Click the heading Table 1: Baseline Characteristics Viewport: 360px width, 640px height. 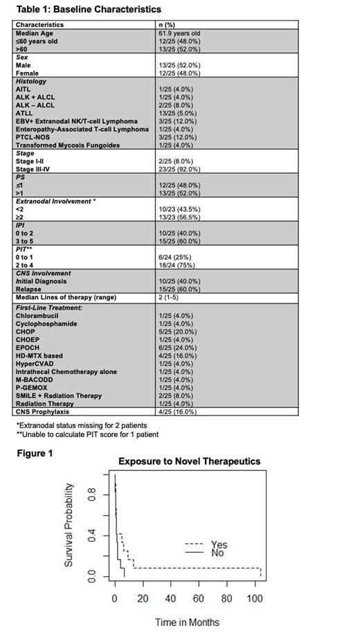(88, 10)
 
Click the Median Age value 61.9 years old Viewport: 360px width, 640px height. (182, 33)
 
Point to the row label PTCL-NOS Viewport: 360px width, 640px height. (32, 137)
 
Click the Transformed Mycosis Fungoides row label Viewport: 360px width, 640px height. (67, 145)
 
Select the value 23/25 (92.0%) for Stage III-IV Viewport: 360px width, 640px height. (182, 169)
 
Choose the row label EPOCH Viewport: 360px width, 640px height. (27, 348)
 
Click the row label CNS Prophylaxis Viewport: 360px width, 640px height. (43, 411)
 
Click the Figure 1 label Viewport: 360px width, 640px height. (35, 453)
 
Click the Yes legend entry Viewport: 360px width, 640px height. (218, 544)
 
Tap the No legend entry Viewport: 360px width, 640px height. (217, 553)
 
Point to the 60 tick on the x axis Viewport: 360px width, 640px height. (198, 598)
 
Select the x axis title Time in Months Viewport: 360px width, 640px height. (187, 622)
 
